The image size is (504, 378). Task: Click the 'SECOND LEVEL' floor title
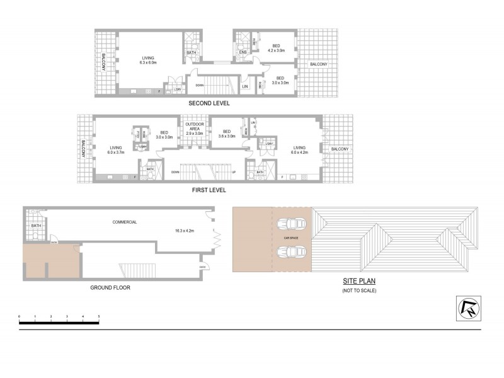(209, 103)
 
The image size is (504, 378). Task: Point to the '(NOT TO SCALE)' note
(359, 291)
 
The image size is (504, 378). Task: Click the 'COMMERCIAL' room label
(125, 222)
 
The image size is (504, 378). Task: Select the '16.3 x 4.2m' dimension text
(185, 231)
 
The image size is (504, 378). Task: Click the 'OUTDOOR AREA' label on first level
(194, 129)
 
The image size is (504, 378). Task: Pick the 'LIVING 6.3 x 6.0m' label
(148, 59)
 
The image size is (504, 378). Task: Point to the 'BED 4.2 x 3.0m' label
(276, 47)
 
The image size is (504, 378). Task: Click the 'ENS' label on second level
(242, 51)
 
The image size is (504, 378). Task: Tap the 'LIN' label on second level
(245, 86)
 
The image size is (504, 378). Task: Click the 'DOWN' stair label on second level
(199, 85)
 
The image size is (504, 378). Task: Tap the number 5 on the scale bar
(99, 315)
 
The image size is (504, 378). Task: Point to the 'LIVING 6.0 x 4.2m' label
(300, 149)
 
